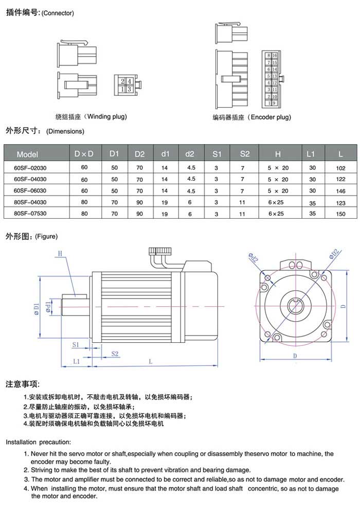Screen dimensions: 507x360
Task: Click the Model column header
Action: click(x=28, y=154)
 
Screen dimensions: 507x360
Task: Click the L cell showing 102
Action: click(x=340, y=168)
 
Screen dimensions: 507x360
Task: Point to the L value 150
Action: click(x=340, y=214)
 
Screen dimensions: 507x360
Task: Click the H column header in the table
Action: click(x=278, y=154)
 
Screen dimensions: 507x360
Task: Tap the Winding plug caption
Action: click(x=91, y=116)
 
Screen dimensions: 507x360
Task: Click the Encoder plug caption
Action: click(x=252, y=117)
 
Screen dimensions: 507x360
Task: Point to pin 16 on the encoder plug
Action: click(x=275, y=55)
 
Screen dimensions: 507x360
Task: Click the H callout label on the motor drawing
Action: click(x=60, y=253)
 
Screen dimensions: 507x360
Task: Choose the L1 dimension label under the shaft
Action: click(x=76, y=361)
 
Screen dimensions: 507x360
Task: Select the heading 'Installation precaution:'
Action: click(x=39, y=442)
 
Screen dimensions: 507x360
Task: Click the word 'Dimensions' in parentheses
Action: click(x=65, y=131)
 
